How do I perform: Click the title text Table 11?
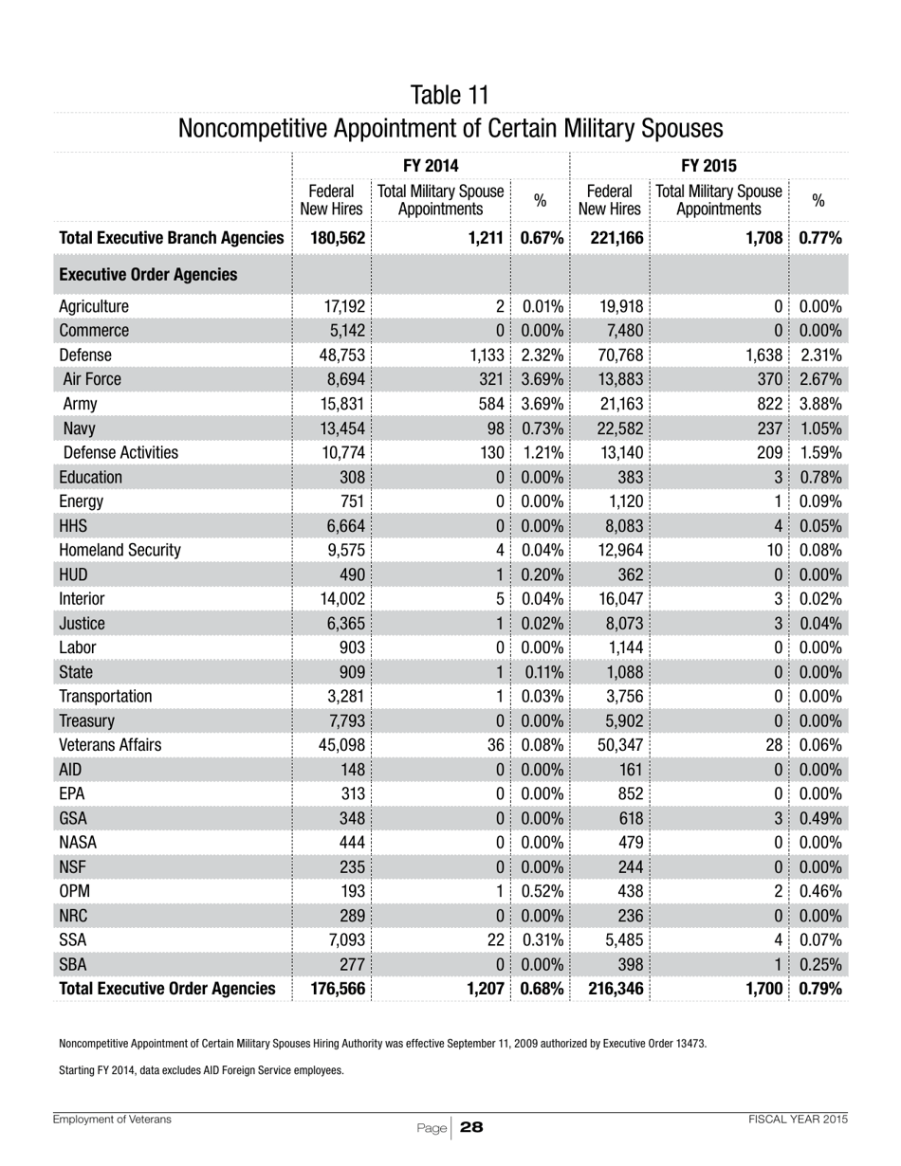(450, 95)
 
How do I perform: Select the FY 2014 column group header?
(431, 162)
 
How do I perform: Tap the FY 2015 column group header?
(708, 162)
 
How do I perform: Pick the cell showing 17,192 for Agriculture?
(342, 306)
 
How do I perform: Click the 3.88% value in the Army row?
(821, 405)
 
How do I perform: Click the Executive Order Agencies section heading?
(147, 275)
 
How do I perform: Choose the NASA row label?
(79, 867)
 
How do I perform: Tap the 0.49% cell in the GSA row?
(821, 843)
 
